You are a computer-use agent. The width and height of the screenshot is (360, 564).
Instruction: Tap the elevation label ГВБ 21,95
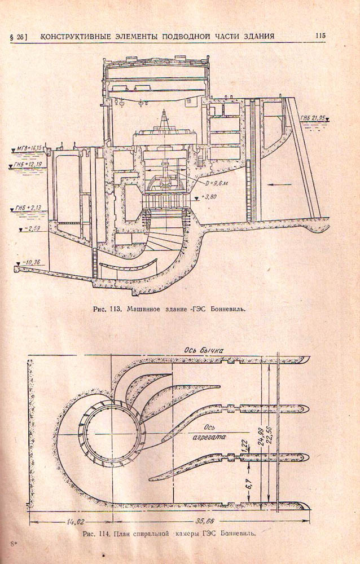(x=314, y=118)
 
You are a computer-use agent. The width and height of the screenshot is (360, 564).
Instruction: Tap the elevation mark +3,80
(x=209, y=198)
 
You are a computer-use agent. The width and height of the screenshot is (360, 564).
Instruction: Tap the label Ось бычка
(x=201, y=350)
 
